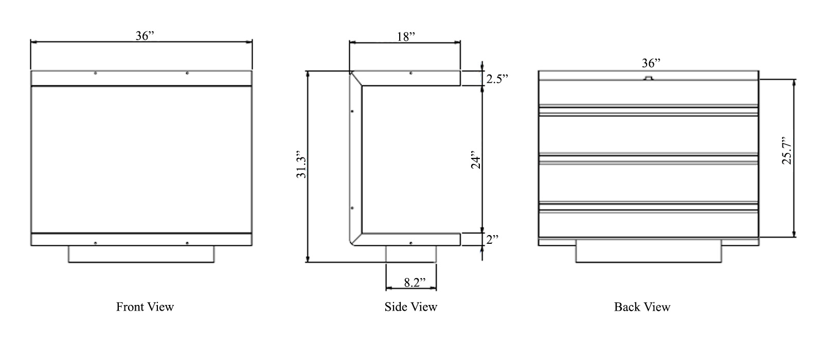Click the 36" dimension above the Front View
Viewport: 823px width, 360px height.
click(x=145, y=36)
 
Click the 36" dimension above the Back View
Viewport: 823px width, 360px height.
click(x=651, y=63)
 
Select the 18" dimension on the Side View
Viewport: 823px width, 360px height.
click(x=406, y=37)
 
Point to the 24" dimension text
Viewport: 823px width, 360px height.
click(x=475, y=160)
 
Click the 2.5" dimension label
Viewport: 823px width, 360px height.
click(x=497, y=79)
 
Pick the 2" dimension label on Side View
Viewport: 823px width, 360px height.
click(x=492, y=240)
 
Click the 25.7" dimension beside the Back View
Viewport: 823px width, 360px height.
click(x=787, y=151)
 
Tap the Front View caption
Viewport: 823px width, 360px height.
click(x=145, y=307)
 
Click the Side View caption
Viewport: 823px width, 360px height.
click(x=410, y=307)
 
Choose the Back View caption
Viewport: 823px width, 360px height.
click(x=642, y=307)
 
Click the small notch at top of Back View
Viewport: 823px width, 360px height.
click(x=649, y=78)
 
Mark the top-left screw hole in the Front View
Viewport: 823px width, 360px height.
click(x=96, y=73)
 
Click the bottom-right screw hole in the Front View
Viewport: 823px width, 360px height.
click(x=187, y=243)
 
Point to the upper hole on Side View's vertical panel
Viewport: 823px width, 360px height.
click(x=352, y=111)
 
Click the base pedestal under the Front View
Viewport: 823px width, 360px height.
click(x=141, y=254)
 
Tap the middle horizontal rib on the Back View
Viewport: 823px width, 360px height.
click(x=649, y=159)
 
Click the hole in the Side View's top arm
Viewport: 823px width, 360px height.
click(x=410, y=73)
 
